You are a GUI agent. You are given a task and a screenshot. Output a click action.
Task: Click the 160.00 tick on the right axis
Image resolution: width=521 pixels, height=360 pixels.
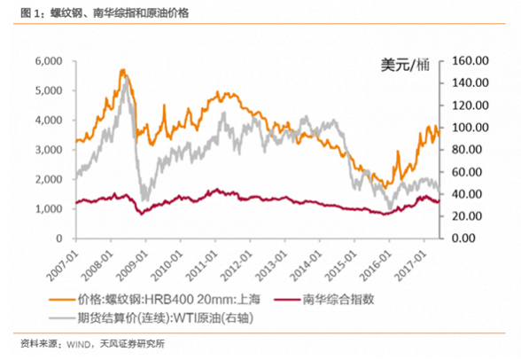point(470,61)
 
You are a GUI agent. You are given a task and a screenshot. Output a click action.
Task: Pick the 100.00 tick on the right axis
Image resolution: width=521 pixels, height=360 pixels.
point(470,128)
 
